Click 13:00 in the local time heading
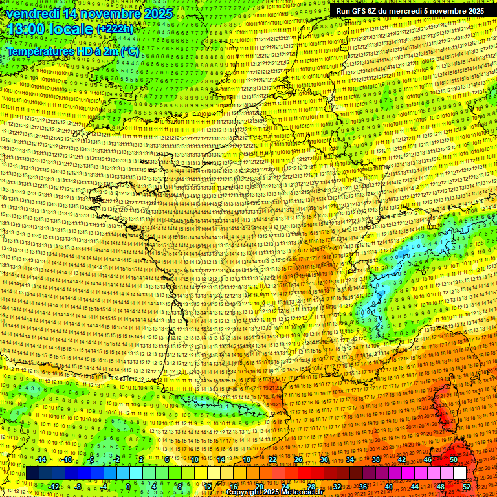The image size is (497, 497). [x=25, y=29]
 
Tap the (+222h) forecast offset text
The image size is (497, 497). [x=115, y=29]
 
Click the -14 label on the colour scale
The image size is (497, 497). [x=41, y=459]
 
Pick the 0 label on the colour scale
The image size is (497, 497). [x=127, y=487]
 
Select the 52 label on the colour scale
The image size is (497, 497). [x=467, y=487]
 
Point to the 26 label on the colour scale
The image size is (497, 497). [x=298, y=459]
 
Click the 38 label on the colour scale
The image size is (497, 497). [x=375, y=459]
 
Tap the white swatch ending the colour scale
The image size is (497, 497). [x=459, y=473]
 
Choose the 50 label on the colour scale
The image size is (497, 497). [x=453, y=459]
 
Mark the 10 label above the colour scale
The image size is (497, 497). [x=194, y=459]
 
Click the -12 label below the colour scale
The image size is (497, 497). [x=54, y=487]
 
